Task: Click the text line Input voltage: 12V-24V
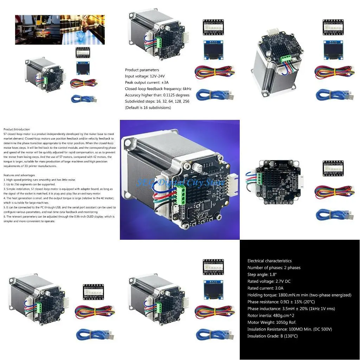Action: coord(145,76)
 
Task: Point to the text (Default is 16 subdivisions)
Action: coord(148,108)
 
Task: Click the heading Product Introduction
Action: coord(17,129)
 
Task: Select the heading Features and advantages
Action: coord(19,175)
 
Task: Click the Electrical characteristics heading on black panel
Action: coord(269,261)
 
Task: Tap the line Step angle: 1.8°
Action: coord(262,274)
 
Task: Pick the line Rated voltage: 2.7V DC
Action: coord(269,281)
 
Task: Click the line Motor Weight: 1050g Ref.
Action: coord(272,322)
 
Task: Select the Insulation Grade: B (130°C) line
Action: coord(272,336)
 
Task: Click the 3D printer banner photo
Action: coord(59,30)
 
